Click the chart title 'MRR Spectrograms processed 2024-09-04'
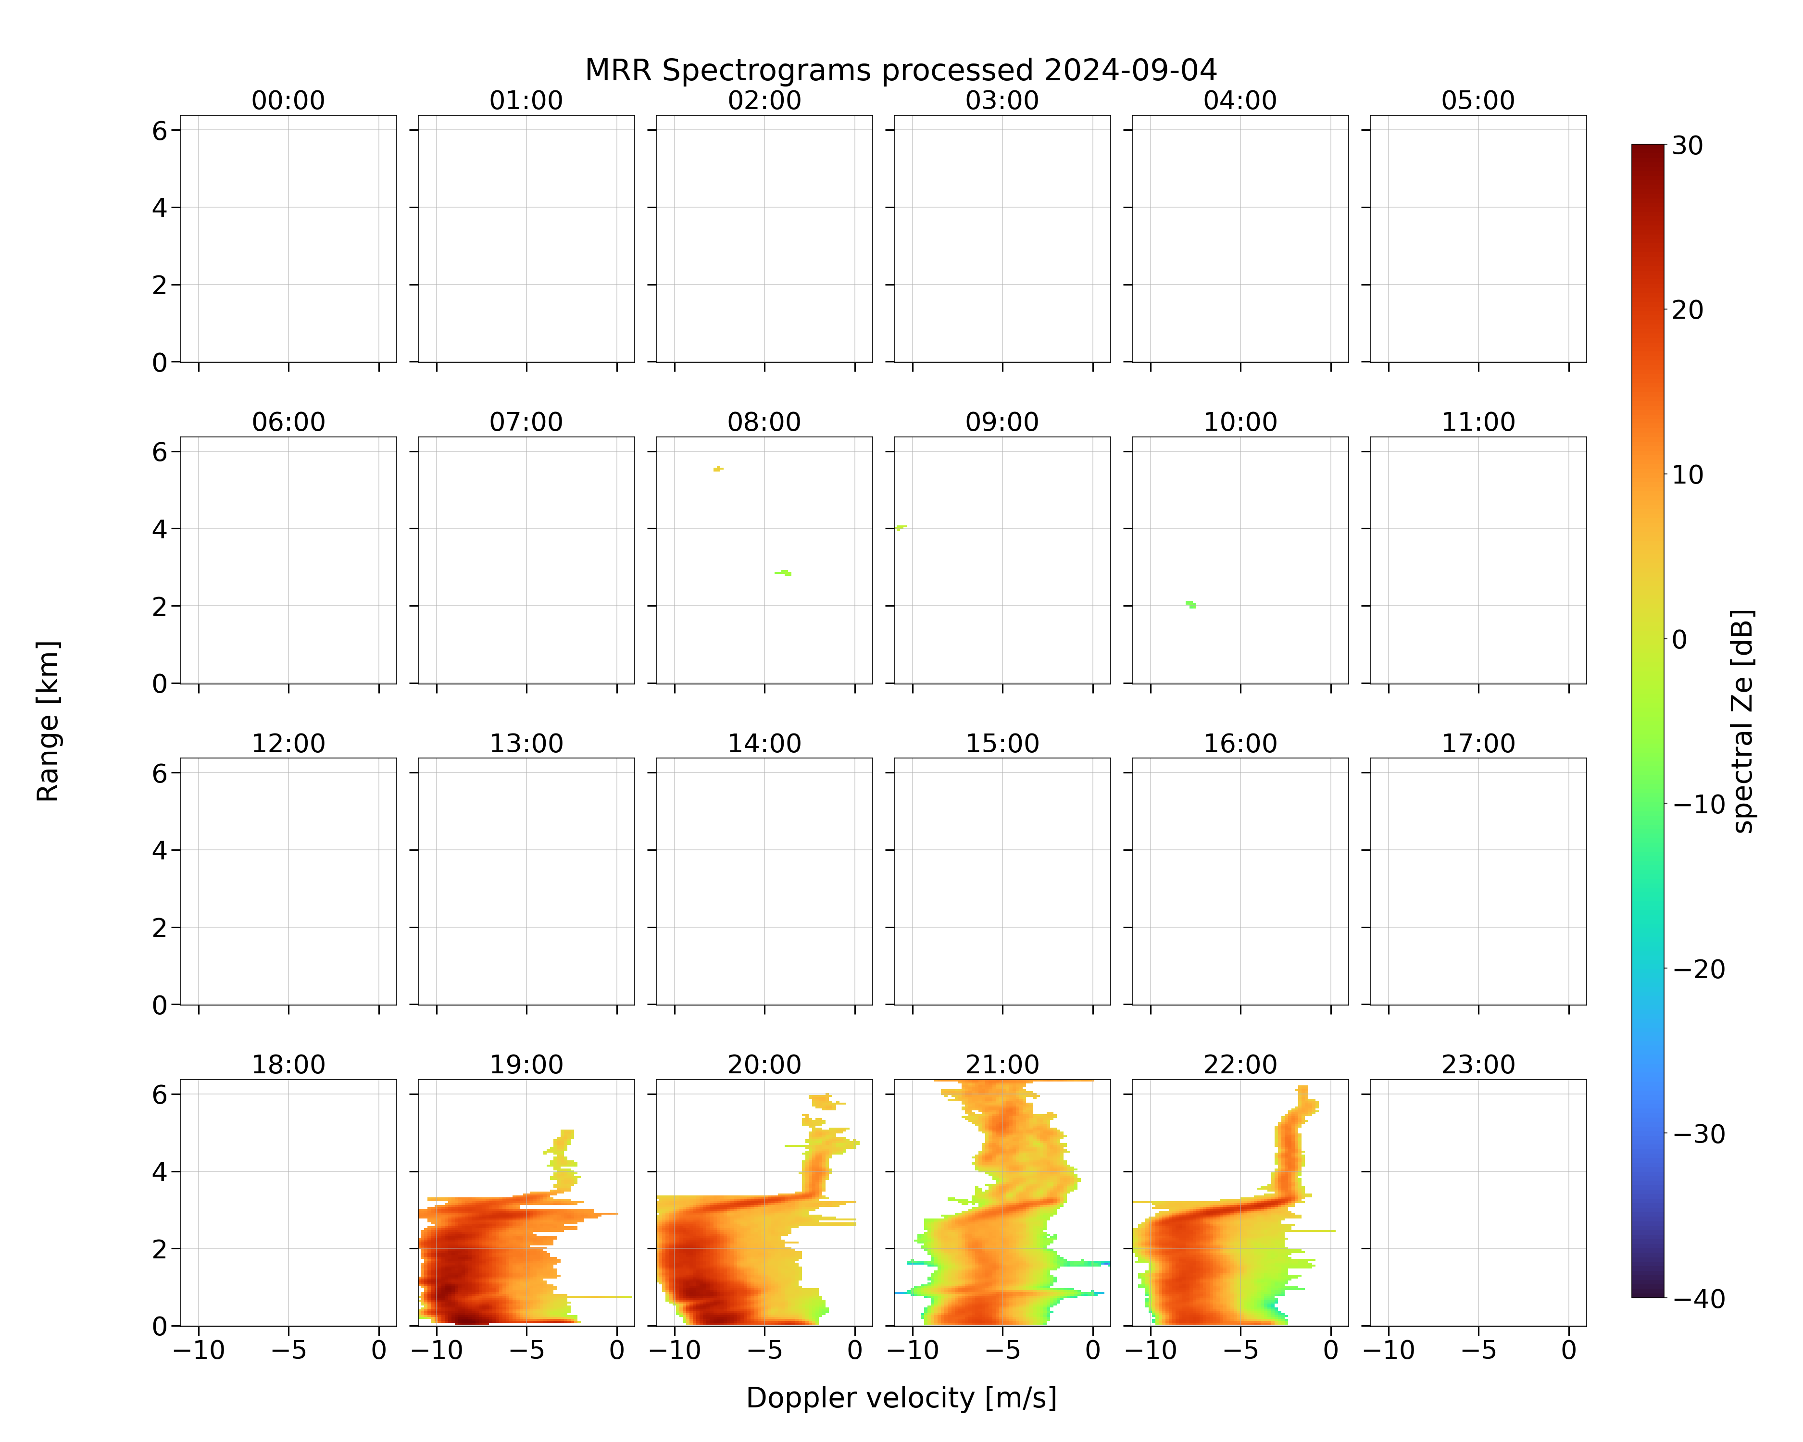tap(901, 70)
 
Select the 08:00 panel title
tap(764, 422)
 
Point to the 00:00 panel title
tap(288, 100)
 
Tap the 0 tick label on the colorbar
tap(1679, 639)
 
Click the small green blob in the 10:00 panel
tap(1191, 604)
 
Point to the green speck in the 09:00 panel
tap(901, 527)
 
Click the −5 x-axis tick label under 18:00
tap(288, 1350)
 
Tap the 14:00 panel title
tap(764, 743)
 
